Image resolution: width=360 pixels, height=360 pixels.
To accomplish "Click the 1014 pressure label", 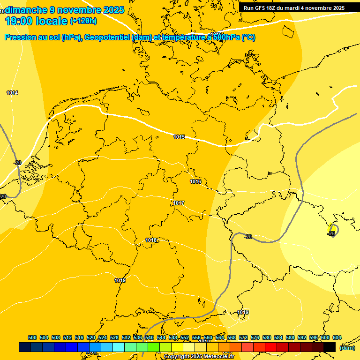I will point(12,93).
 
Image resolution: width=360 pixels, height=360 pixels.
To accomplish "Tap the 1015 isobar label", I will point(179,137).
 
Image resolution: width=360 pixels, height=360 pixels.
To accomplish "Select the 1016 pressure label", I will point(195,181).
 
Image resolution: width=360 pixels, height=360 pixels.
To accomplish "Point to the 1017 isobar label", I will point(179,203).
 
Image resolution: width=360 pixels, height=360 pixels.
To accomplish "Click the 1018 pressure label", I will point(151,240).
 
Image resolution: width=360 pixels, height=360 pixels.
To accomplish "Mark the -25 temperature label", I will point(331,233).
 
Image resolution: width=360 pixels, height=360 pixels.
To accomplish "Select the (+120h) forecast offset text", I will point(83,21).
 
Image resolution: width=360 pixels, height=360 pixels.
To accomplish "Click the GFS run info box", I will point(294,7).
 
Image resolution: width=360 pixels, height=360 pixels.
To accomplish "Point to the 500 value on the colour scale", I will point(32,337).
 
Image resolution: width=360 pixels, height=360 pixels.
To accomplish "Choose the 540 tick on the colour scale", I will point(150,337).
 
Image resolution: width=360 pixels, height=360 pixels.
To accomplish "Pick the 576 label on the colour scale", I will point(255,337).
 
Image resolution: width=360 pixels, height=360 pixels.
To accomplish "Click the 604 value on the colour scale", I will point(337,337).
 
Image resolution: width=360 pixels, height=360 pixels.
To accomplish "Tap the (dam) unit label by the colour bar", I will point(347,347).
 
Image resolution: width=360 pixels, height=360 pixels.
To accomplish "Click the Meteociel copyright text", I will point(199,356).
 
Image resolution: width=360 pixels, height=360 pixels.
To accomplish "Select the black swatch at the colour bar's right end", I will point(330,347).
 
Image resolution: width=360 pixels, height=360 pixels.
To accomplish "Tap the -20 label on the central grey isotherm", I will point(248,237).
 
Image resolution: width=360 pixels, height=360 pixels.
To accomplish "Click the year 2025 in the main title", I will point(113,10).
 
